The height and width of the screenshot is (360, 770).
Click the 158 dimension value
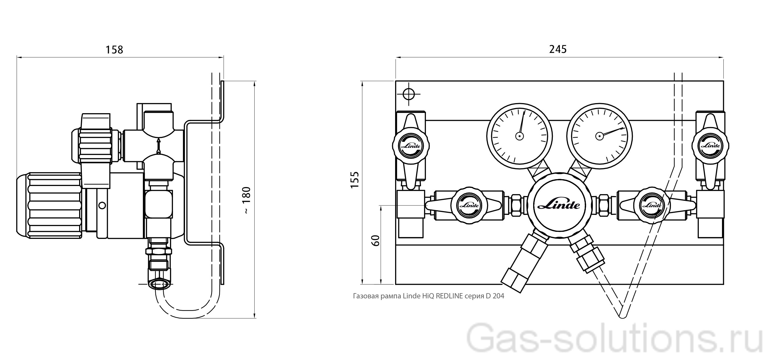114,50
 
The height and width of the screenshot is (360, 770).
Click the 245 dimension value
558,49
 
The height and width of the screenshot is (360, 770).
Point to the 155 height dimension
354,179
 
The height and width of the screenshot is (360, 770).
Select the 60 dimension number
375,240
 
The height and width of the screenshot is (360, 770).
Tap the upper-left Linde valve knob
411,146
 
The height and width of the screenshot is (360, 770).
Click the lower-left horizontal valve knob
469,206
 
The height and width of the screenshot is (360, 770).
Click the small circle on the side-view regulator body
102,206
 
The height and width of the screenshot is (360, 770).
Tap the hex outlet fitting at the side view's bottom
159,284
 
